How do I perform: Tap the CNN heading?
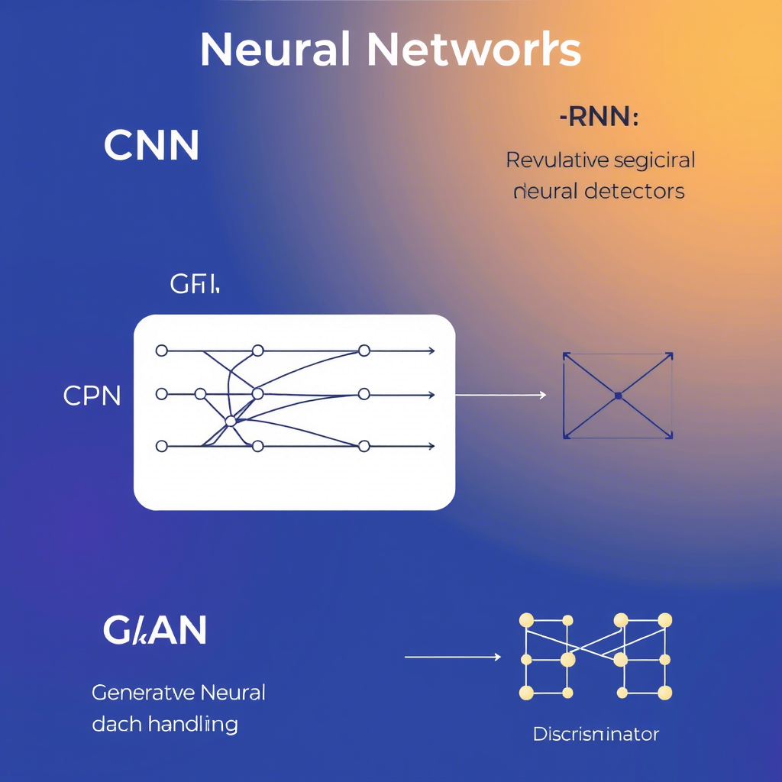point(151,145)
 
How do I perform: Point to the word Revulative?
point(557,160)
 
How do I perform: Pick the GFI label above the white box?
point(194,286)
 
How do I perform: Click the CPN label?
point(92,396)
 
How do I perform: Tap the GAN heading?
point(154,631)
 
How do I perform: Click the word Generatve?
point(143,693)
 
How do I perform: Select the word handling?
point(193,723)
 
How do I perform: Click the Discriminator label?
point(596,735)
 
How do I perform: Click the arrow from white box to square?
point(501,395)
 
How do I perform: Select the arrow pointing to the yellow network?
point(452,657)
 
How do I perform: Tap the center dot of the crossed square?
point(618,396)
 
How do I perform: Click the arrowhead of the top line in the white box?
point(431,351)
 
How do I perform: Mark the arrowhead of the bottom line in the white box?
point(431,446)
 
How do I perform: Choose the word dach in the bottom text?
point(116,723)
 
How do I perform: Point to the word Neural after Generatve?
point(232,693)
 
